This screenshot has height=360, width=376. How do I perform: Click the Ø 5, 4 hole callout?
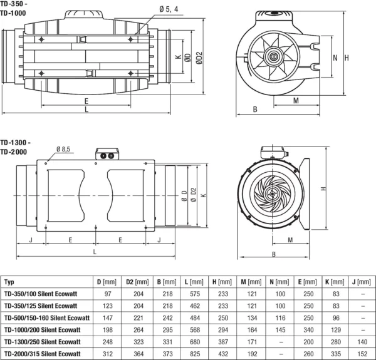pos(169,9)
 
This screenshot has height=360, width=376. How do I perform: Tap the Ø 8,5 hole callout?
pos(63,149)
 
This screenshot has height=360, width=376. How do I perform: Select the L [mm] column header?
pos(194,282)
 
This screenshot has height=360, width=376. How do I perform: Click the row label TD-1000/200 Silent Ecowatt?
pos(42,330)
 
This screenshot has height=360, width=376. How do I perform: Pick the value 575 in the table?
pos(195,294)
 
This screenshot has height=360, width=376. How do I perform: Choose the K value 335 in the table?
pos(336,354)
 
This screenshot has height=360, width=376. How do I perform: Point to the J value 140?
pos(362,342)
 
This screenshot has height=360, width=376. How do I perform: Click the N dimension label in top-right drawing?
pos(335,58)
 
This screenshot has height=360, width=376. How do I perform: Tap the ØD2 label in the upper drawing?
pos(199,58)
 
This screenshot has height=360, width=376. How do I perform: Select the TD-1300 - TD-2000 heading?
pos(15,147)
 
